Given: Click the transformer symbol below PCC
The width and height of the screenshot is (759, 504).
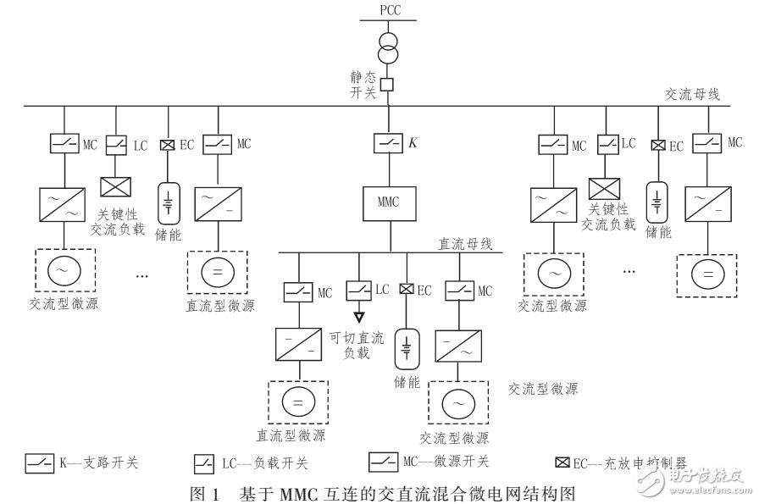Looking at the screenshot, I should point(390,50).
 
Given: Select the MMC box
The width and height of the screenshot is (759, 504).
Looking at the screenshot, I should point(390,203).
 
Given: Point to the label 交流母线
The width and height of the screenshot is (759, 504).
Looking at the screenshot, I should point(692,95).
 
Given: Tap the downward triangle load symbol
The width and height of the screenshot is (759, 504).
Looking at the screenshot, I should point(358,317).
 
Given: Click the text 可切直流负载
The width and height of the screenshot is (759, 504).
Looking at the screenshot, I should point(357,345).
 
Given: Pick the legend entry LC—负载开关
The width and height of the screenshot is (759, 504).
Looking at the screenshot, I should point(250,463).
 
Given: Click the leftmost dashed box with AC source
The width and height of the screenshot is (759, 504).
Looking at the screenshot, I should point(64,270).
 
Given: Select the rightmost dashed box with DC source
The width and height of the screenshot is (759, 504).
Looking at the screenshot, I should point(707,274).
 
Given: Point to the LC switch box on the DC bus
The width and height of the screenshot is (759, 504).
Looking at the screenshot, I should point(358,291).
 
